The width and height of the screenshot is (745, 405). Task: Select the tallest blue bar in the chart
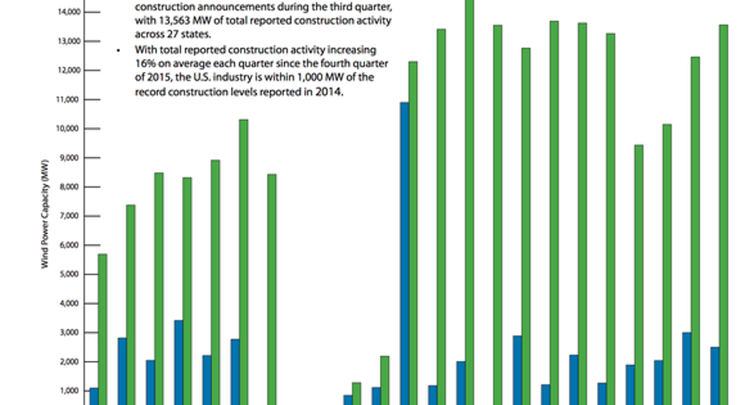coord(405,253)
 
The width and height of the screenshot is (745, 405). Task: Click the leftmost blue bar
coord(94,396)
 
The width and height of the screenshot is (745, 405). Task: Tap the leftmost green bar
coord(102,329)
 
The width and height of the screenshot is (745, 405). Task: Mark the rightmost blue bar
coord(715,375)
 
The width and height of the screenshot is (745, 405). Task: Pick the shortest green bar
coord(357,394)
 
